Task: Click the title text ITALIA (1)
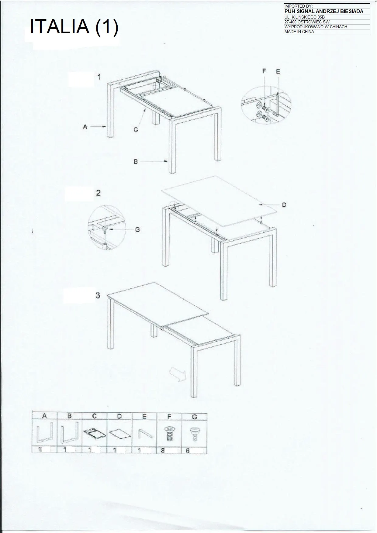tap(74, 27)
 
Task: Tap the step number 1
tap(99, 77)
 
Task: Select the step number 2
tap(99, 193)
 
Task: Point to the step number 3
tap(98, 295)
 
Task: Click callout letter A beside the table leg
tap(85, 127)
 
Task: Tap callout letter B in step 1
tap(136, 162)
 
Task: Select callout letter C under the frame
tap(136, 129)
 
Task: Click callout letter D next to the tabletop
tap(284, 205)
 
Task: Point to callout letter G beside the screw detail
tap(137, 230)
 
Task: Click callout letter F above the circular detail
tap(264, 71)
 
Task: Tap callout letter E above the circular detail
tap(278, 72)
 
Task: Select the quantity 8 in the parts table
tap(163, 450)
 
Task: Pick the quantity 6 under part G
tap(188, 450)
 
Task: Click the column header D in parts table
tap(119, 417)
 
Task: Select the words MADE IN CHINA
tap(299, 32)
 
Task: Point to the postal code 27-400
tap(291, 22)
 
